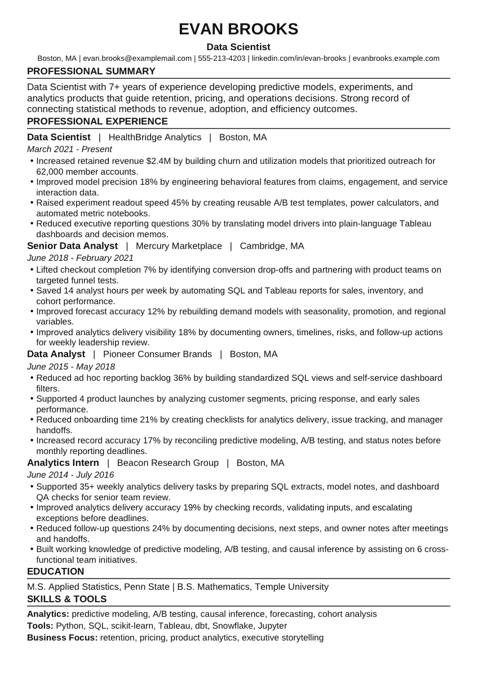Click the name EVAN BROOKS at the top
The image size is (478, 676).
238,29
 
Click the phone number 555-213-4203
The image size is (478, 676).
222,58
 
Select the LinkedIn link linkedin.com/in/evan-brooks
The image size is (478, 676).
299,58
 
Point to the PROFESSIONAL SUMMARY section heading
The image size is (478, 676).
91,71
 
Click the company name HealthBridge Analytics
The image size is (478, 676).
154,137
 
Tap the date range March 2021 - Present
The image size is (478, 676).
69,149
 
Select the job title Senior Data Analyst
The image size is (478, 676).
72,246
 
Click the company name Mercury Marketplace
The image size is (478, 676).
179,246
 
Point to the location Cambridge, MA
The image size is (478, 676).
272,246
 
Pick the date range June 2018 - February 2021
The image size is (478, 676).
80,258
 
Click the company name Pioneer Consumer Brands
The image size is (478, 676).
157,354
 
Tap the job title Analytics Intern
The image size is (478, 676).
63,462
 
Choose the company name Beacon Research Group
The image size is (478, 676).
167,462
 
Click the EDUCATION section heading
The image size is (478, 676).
55,571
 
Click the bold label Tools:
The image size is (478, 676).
40,626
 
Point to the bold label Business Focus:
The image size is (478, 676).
62,638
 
